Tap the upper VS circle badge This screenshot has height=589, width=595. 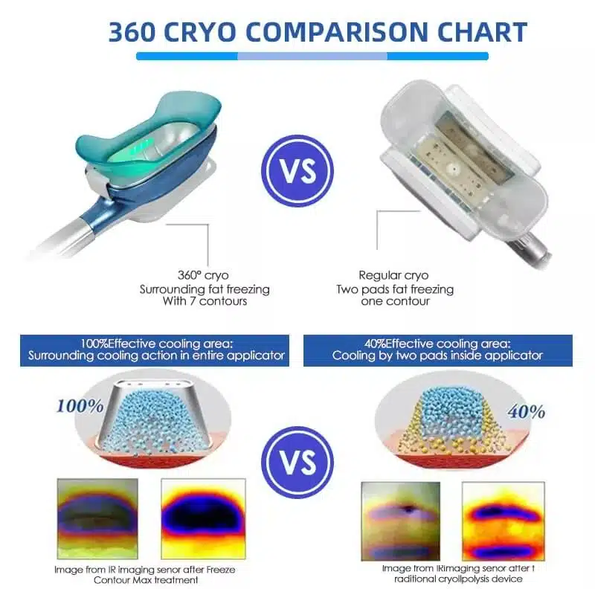[x=297, y=170]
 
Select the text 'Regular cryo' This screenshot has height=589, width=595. [x=393, y=275]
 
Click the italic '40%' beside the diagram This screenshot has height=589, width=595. [x=527, y=411]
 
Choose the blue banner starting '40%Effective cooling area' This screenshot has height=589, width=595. [x=438, y=350]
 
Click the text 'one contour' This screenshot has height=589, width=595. [x=394, y=302]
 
